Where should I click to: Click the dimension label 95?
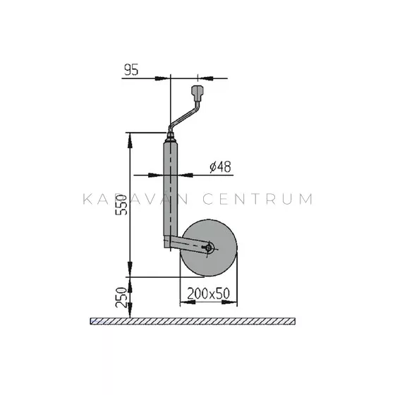click(131, 70)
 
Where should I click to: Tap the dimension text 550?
click(121, 205)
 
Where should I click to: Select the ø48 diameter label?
click(220, 166)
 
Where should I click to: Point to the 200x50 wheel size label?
click(208, 293)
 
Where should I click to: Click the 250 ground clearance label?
click(121, 297)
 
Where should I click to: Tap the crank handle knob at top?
click(197, 93)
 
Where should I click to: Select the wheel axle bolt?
click(209, 248)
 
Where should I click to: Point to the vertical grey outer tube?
click(170, 191)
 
